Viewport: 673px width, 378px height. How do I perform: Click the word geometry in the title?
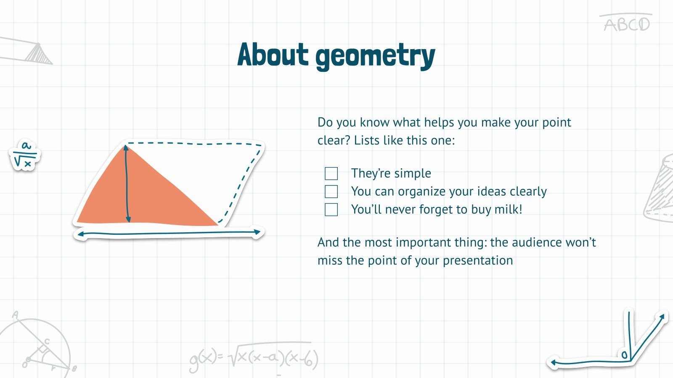click(x=375, y=56)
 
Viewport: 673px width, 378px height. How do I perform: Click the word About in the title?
click(x=273, y=55)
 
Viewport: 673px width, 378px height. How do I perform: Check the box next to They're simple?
click(x=331, y=173)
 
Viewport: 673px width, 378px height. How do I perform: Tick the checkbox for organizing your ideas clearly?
click(x=331, y=192)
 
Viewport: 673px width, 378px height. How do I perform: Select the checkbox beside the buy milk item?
click(x=331, y=210)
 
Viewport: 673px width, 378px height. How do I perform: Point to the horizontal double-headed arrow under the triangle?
click(x=168, y=233)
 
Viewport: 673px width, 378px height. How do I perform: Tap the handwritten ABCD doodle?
click(x=627, y=24)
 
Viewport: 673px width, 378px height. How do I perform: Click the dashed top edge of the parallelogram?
click(x=193, y=144)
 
